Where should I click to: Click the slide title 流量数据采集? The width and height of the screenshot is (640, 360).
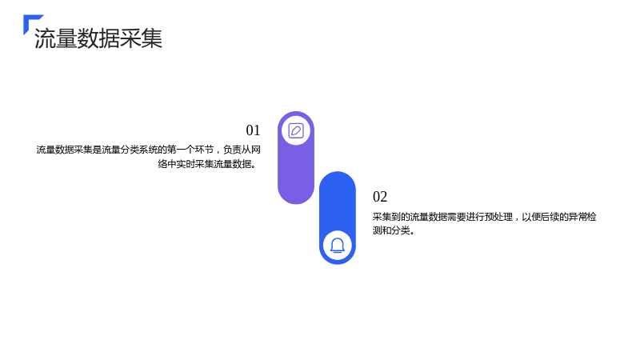[x=98, y=38]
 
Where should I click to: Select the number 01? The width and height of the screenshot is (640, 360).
[x=253, y=130]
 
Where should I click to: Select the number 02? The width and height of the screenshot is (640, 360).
[x=380, y=197]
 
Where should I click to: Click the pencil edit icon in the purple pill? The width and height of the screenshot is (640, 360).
[x=296, y=130]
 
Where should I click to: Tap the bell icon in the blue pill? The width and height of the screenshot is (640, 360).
[x=337, y=246]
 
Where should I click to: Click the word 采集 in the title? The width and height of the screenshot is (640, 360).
[x=142, y=38]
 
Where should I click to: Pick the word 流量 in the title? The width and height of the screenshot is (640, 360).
[x=55, y=38]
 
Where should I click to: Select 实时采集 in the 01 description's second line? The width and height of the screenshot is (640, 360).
[x=195, y=164]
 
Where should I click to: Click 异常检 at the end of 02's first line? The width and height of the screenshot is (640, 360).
[x=582, y=217]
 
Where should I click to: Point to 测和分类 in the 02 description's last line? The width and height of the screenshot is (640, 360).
[x=391, y=230]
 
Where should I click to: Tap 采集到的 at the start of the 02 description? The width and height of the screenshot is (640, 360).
[x=391, y=217]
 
